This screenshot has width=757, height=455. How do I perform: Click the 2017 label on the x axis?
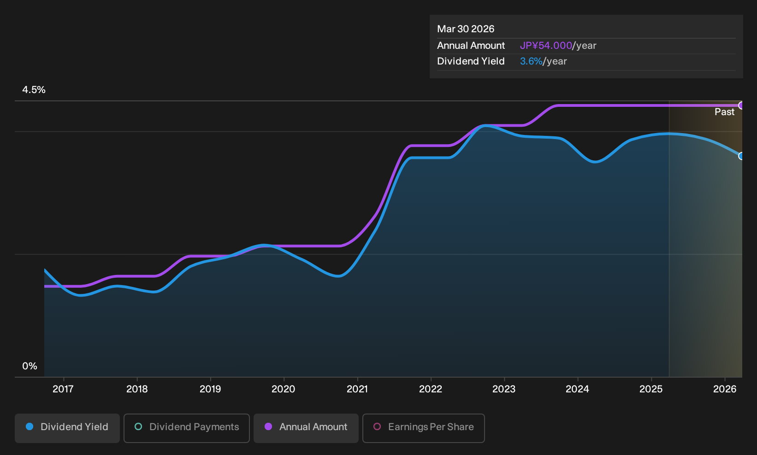tap(63, 389)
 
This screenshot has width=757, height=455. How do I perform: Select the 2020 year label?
tap(283, 389)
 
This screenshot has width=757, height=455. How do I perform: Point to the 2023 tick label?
tap(504, 389)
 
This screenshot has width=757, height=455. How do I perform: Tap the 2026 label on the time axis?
tap(725, 389)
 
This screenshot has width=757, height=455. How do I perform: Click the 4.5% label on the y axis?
tap(34, 90)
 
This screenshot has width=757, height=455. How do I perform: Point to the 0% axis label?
tap(30, 366)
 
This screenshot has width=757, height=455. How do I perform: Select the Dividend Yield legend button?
tap(67, 428)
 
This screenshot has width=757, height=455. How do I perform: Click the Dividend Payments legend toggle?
tap(187, 428)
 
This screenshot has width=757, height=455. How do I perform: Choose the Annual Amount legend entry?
tap(306, 428)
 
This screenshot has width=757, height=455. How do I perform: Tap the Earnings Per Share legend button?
tap(423, 428)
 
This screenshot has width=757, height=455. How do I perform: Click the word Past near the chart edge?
tap(724, 112)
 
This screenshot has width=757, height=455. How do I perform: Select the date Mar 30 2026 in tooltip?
tap(466, 29)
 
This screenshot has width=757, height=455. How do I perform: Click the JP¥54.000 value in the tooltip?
tap(546, 46)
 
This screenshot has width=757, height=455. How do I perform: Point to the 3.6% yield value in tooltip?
tap(531, 61)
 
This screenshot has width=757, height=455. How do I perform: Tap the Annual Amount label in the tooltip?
tap(471, 46)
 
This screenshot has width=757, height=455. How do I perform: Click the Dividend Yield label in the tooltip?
tap(471, 61)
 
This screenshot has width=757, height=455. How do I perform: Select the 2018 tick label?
tap(137, 389)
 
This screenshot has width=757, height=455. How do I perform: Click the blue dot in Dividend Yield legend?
tap(30, 426)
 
